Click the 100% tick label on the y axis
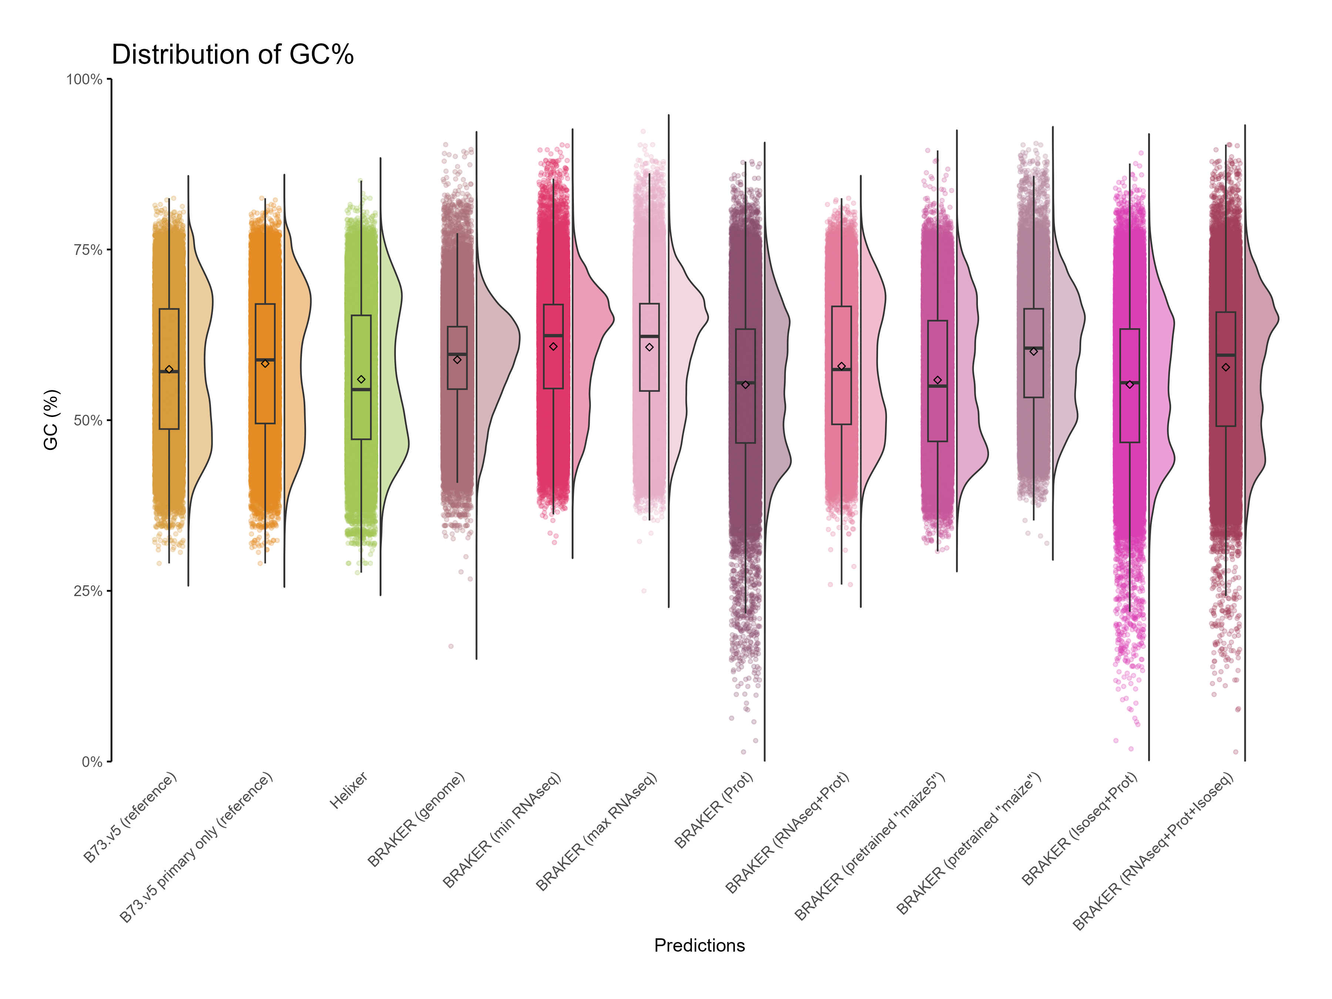84,80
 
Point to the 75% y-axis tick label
88,250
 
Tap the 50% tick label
88,420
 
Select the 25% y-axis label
88,591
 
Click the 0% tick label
92,762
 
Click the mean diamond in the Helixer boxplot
361,379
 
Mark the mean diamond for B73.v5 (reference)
169,370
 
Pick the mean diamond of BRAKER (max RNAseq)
649,347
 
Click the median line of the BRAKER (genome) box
458,354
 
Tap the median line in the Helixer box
361,390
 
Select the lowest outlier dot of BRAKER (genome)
450,646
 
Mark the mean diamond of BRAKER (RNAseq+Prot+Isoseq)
1226,367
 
